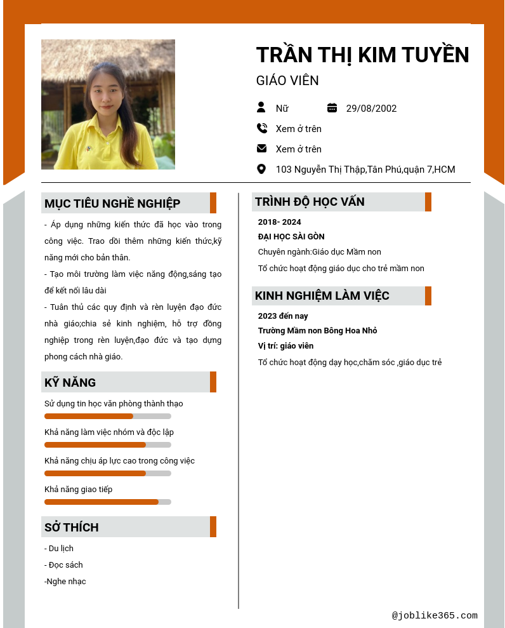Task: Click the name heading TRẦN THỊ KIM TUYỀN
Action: click(x=362, y=55)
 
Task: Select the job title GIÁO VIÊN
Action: click(x=287, y=81)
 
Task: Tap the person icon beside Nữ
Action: click(x=261, y=107)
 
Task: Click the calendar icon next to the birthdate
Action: click(x=332, y=107)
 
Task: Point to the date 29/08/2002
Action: click(x=371, y=108)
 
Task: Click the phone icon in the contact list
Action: click(x=261, y=128)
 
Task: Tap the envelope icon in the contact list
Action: click(x=261, y=149)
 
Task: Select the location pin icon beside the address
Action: click(x=261, y=169)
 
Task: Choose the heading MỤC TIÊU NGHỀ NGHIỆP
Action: click(x=112, y=203)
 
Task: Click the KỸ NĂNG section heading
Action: click(x=70, y=382)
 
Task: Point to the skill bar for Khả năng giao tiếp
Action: click(x=108, y=502)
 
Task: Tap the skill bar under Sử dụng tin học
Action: click(x=108, y=416)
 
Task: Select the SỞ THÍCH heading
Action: click(x=72, y=527)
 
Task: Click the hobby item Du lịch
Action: click(x=59, y=548)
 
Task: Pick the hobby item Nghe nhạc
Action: click(x=65, y=581)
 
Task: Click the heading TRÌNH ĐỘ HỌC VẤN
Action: click(x=310, y=202)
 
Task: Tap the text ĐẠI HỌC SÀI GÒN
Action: click(x=291, y=237)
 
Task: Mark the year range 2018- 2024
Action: click(x=279, y=222)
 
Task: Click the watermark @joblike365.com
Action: click(x=435, y=615)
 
